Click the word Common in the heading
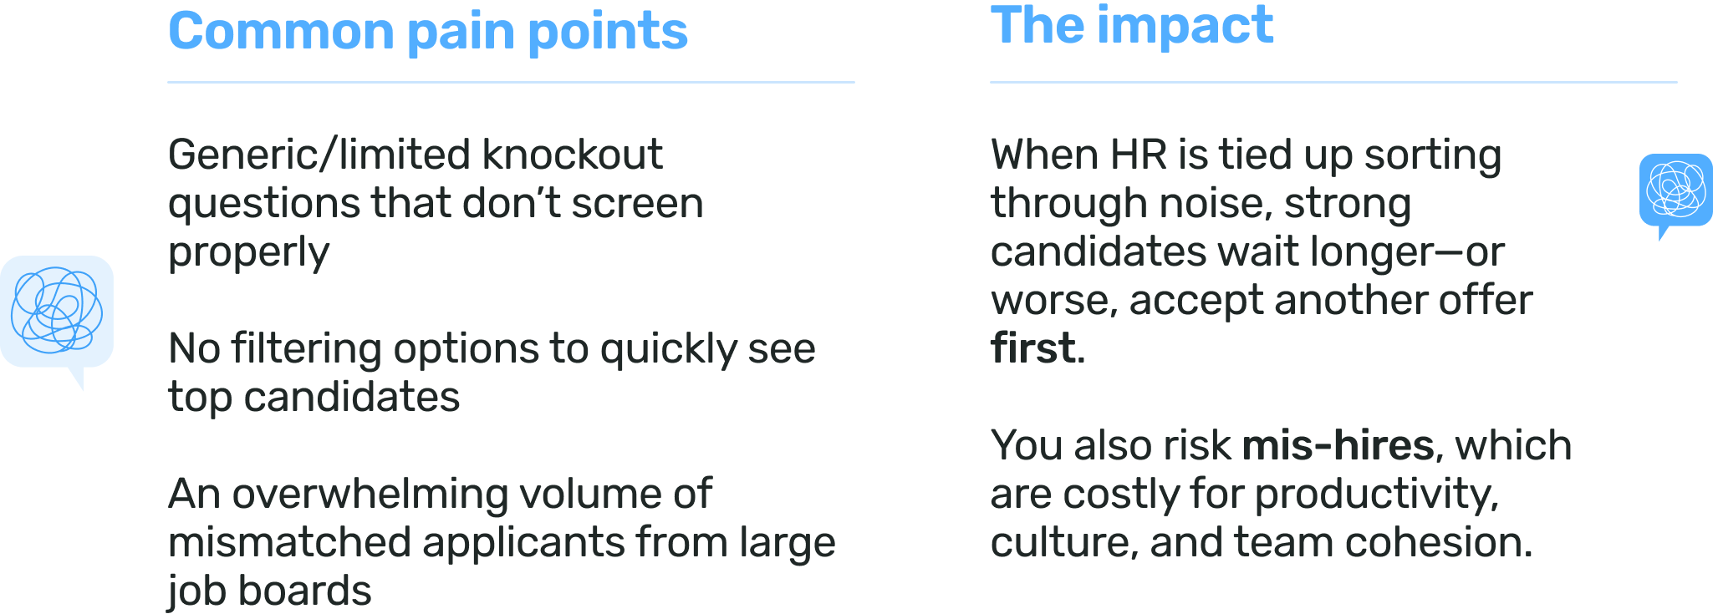click(280, 32)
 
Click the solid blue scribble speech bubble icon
click(1675, 190)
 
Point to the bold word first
click(1032, 348)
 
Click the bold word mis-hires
click(1338, 445)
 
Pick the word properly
click(248, 253)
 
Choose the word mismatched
click(289, 542)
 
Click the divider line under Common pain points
click(511, 83)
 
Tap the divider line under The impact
click(1333, 83)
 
